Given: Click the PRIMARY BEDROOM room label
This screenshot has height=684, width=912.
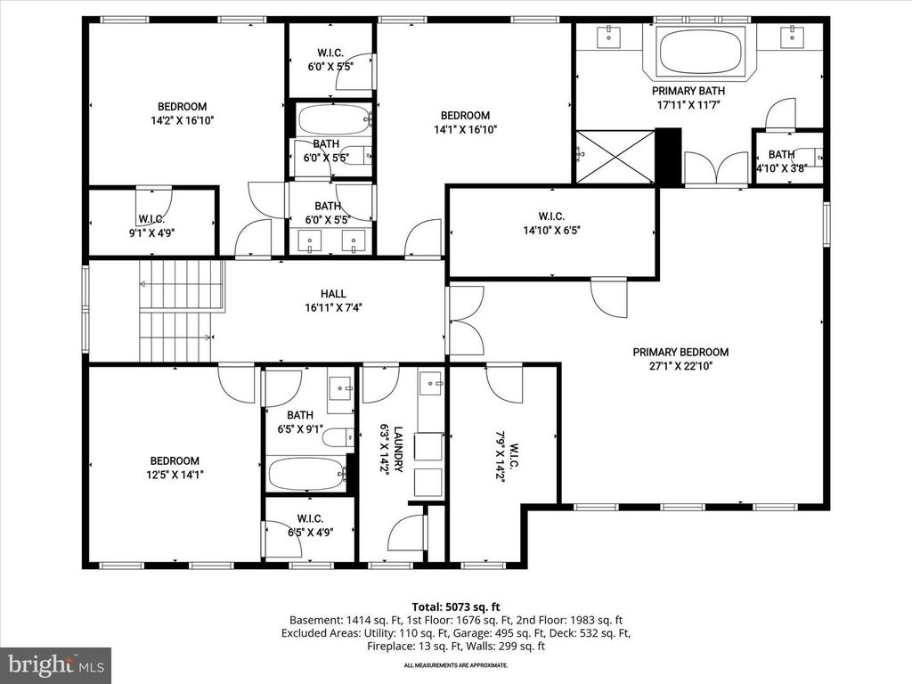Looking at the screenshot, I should (680, 352).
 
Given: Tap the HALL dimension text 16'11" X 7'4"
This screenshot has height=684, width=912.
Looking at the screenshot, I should (333, 308).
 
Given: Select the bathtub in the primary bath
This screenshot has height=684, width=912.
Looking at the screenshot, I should (699, 53).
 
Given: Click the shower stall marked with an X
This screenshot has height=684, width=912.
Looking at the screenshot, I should (615, 157).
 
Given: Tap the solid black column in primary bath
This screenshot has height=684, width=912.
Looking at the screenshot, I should (668, 157).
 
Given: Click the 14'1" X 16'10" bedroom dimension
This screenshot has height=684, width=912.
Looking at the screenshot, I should (464, 129).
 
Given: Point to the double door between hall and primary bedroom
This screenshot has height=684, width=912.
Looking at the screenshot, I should (466, 320).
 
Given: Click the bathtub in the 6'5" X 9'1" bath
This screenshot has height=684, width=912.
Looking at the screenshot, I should (306, 472).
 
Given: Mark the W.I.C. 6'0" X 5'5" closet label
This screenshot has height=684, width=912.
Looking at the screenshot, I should (330, 59).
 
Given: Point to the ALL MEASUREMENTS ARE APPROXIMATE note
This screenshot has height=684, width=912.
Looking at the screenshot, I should (455, 665).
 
